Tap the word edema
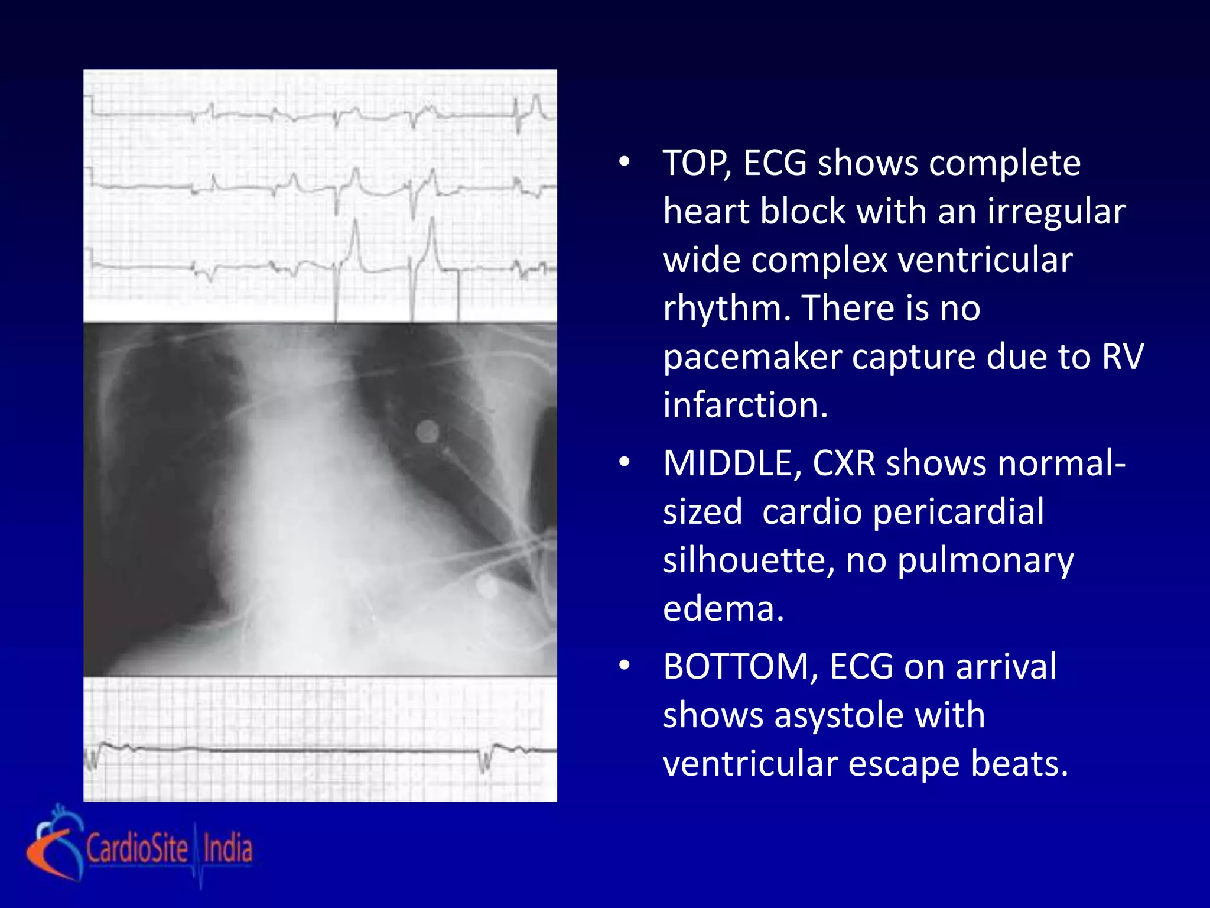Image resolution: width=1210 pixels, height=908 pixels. click(723, 609)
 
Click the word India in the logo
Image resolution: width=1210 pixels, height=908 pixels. click(227, 848)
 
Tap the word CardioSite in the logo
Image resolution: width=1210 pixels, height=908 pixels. click(137, 848)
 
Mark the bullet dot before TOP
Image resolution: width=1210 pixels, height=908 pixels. click(624, 163)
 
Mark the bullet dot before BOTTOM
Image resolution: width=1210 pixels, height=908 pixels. click(624, 666)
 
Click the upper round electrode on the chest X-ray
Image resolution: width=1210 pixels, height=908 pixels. click(427, 432)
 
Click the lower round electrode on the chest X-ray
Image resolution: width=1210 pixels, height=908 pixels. click(487, 586)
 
